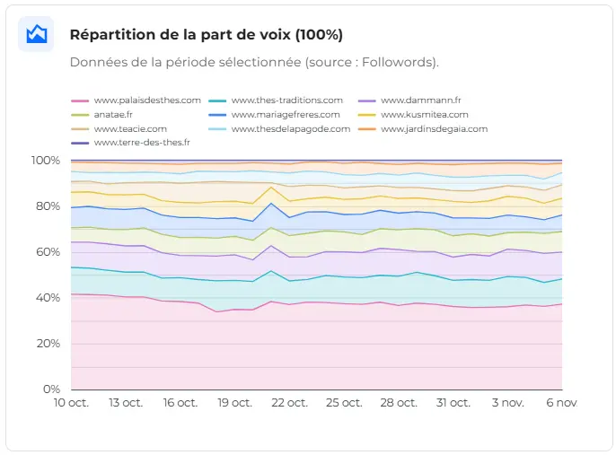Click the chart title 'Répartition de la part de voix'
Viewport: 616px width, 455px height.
tap(206, 35)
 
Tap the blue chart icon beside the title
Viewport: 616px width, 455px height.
tap(36, 34)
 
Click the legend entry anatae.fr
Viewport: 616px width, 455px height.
tap(113, 115)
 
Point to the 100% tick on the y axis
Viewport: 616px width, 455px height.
tap(45, 161)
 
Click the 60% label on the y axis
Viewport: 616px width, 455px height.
tap(48, 252)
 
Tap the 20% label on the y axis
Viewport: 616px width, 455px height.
tap(48, 344)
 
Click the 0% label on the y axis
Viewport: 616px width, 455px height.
tap(51, 389)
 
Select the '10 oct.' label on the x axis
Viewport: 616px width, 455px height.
tap(71, 404)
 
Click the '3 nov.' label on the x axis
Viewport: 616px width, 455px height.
tap(509, 404)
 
